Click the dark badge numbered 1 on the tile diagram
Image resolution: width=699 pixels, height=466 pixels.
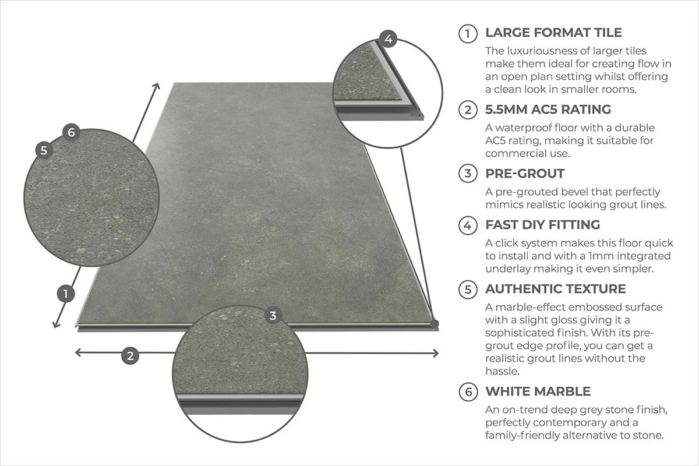(x=66, y=294)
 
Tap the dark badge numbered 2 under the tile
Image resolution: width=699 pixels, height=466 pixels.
(x=130, y=355)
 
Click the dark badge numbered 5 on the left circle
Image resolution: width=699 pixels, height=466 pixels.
(x=44, y=150)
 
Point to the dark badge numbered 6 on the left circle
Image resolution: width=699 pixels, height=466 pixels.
(x=71, y=132)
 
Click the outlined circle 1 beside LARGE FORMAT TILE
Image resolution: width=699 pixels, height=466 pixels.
(x=468, y=33)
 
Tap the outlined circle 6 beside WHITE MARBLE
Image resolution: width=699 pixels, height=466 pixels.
(x=468, y=391)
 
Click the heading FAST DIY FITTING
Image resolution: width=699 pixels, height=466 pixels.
(x=543, y=225)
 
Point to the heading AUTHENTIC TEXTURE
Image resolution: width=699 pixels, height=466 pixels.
(x=556, y=289)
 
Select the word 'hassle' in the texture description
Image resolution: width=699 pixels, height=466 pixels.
(x=503, y=371)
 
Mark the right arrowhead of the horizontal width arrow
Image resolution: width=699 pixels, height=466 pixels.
(x=435, y=353)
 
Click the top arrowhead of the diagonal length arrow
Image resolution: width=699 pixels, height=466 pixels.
(x=157, y=87)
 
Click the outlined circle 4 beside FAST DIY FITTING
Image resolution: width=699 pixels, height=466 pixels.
(x=468, y=225)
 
